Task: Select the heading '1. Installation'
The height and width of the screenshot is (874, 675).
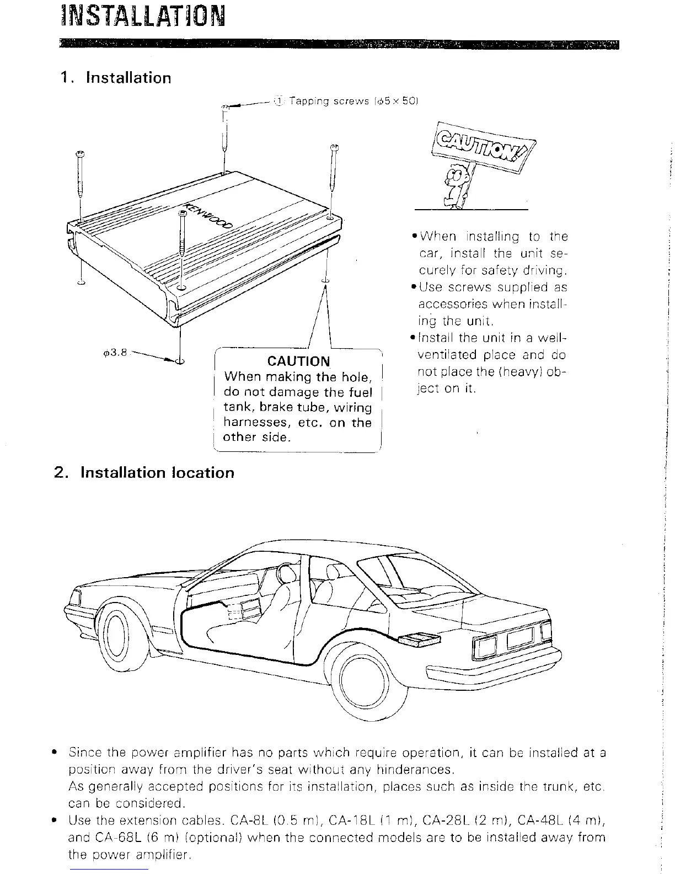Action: (x=116, y=78)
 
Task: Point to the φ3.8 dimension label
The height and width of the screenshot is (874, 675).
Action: (x=115, y=353)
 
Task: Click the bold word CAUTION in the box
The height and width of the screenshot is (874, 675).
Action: (x=298, y=361)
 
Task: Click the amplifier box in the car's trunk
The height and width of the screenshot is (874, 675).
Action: (x=420, y=640)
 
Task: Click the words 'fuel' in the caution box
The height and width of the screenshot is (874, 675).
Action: (x=360, y=392)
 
